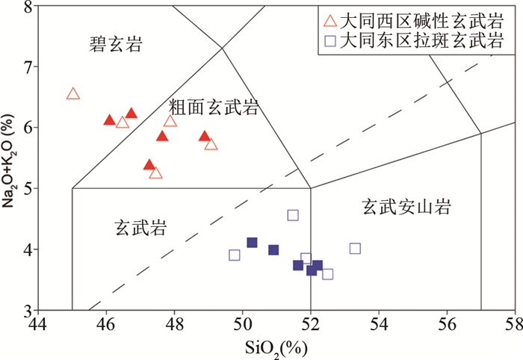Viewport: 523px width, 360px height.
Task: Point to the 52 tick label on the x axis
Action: (x=311, y=325)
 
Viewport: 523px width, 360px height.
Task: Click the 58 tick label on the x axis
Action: (x=514, y=325)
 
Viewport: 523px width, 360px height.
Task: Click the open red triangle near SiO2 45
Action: (x=72, y=94)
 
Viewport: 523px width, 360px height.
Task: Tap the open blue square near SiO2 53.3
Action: (x=355, y=249)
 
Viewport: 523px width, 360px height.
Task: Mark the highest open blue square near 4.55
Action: (x=293, y=215)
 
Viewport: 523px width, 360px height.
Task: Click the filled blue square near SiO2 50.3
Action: (x=252, y=243)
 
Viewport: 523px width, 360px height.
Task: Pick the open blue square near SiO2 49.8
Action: (x=235, y=255)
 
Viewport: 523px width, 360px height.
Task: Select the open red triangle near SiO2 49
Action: (x=211, y=144)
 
